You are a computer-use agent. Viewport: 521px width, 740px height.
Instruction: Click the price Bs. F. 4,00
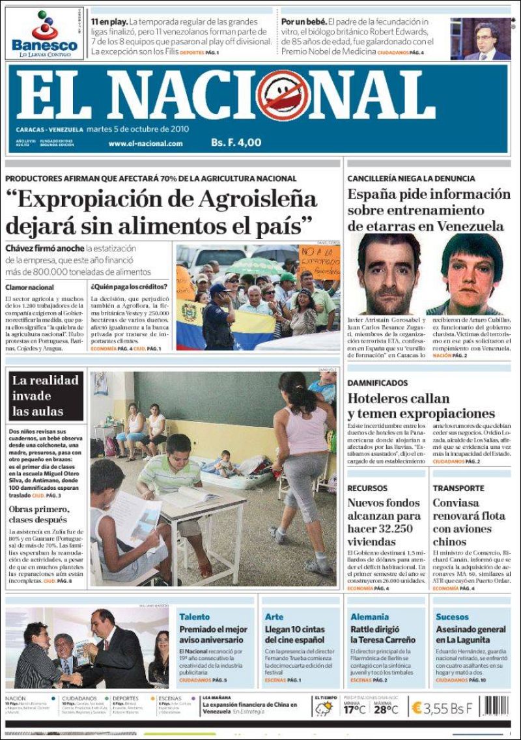click(x=236, y=143)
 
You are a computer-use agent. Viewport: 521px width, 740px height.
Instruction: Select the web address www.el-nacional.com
click(x=145, y=143)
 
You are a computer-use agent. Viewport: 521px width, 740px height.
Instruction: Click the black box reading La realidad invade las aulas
click(x=46, y=396)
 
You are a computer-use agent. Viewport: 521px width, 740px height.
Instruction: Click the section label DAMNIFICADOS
click(x=378, y=382)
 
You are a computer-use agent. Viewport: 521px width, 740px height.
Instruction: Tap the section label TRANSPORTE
click(x=458, y=487)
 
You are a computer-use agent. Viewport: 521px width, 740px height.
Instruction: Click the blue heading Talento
click(x=195, y=616)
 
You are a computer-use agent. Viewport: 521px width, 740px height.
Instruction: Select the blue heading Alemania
click(x=370, y=616)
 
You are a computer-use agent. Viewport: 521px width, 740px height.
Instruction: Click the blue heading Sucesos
click(x=452, y=616)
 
